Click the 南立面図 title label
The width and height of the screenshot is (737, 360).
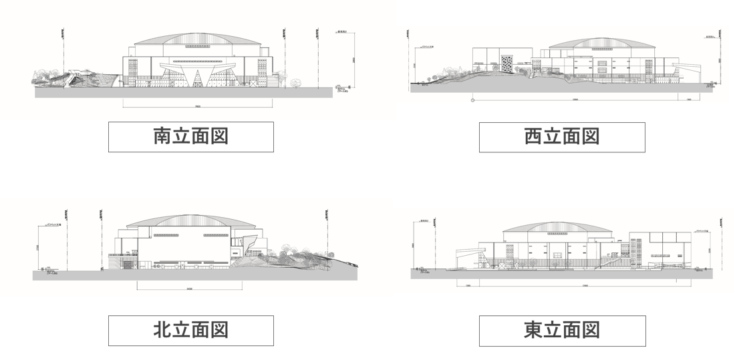pos(191,137)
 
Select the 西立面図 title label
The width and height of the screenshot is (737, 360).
pos(562,137)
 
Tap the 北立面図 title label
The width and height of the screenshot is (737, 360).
pos(191,330)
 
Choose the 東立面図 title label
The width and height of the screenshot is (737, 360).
pos(562,331)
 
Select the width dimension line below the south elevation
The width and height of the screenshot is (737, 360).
pos(198,106)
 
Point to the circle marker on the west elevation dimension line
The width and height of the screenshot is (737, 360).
pos(473,101)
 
